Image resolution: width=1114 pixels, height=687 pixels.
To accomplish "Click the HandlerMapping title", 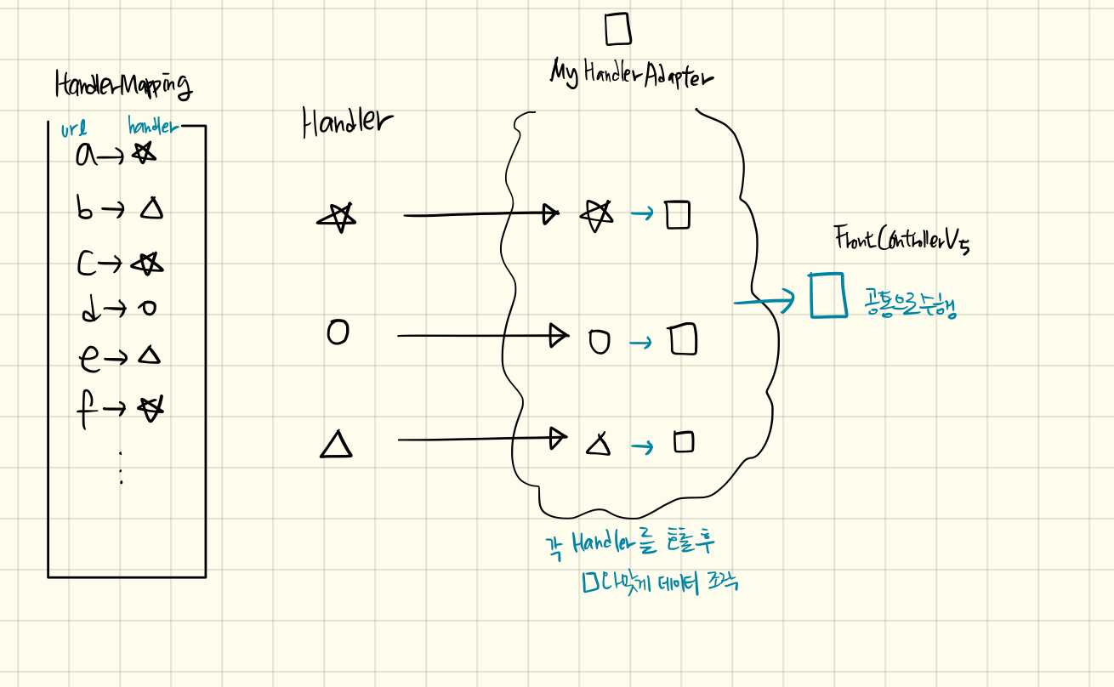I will pyautogui.click(x=123, y=85).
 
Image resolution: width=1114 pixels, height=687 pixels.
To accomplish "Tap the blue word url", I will pyautogui.click(x=74, y=130).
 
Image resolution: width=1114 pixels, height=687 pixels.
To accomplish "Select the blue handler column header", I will pyautogui.click(x=153, y=128).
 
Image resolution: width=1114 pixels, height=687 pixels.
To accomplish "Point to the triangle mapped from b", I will pyautogui.click(x=151, y=207).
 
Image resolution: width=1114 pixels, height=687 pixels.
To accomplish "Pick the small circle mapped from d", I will pyautogui.click(x=149, y=309).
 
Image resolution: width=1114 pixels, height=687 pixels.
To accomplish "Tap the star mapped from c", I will pyautogui.click(x=147, y=264).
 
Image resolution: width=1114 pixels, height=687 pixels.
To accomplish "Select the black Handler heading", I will pyautogui.click(x=347, y=124).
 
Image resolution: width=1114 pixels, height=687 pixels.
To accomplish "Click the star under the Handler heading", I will pyautogui.click(x=338, y=218).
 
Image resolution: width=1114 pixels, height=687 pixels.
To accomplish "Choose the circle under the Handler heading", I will pyautogui.click(x=338, y=332).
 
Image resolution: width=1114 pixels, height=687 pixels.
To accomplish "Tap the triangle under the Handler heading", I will pyautogui.click(x=337, y=444).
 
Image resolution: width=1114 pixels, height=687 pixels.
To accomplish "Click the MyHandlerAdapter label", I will pyautogui.click(x=631, y=73).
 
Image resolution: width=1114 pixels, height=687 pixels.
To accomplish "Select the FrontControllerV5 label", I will pyautogui.click(x=901, y=241).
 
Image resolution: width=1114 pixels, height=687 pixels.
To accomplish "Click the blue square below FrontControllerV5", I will pyautogui.click(x=827, y=295).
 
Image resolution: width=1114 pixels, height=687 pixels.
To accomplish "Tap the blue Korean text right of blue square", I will pyautogui.click(x=910, y=304).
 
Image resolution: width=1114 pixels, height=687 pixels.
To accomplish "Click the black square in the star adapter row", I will pyautogui.click(x=678, y=214).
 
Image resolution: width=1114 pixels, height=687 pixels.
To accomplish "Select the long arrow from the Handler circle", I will pyautogui.click(x=480, y=336).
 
